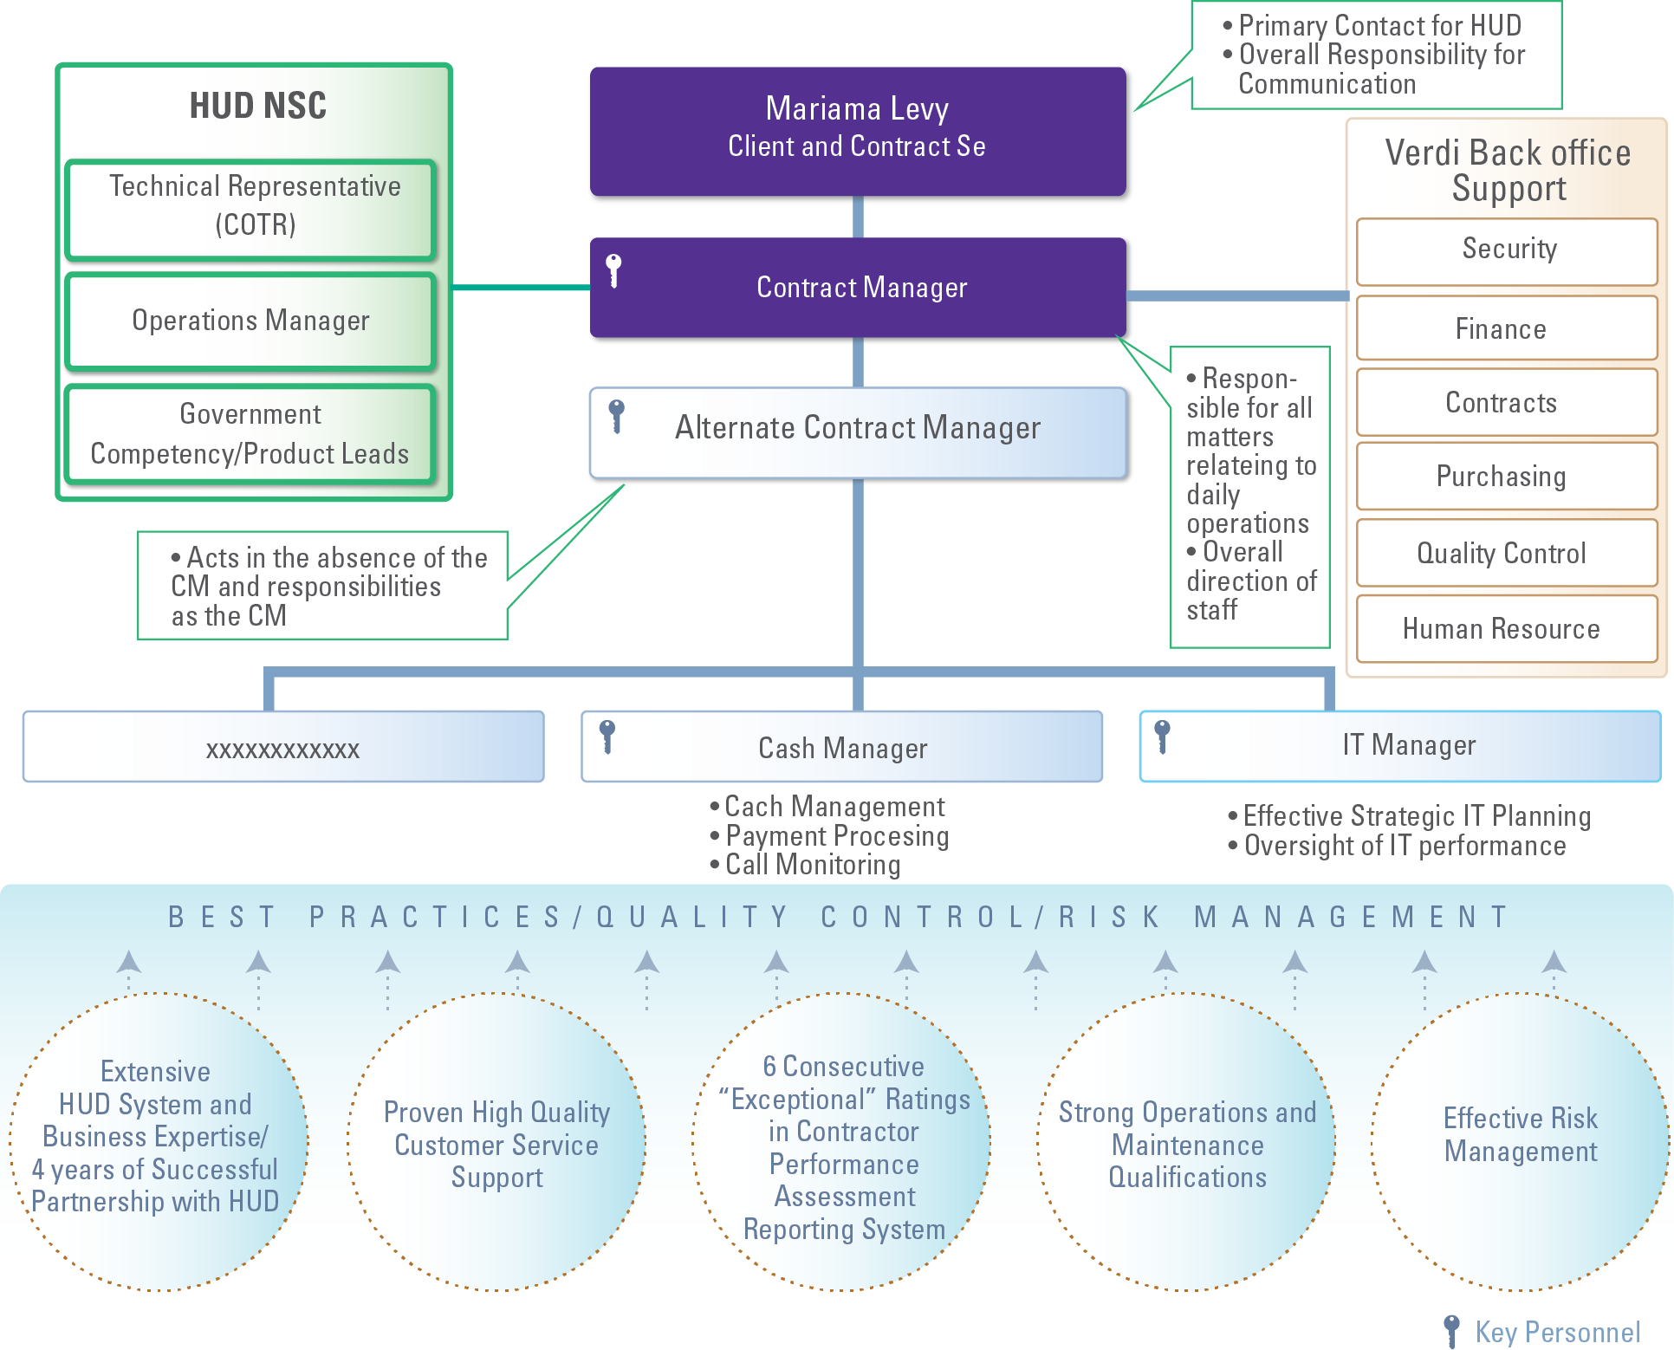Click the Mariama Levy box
click(x=858, y=131)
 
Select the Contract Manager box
click(x=858, y=287)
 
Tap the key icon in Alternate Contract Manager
click(x=616, y=416)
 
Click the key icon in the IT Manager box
click(x=1162, y=737)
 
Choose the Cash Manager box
click(x=841, y=747)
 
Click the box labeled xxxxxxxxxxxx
click(x=282, y=747)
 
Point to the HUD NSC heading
click(x=257, y=106)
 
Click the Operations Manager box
click(x=251, y=321)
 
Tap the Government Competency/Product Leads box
click(x=251, y=434)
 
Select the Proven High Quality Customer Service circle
click(x=496, y=1142)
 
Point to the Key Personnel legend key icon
click(x=1452, y=1330)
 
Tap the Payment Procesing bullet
click(x=836, y=836)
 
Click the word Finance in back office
click(x=1500, y=329)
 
